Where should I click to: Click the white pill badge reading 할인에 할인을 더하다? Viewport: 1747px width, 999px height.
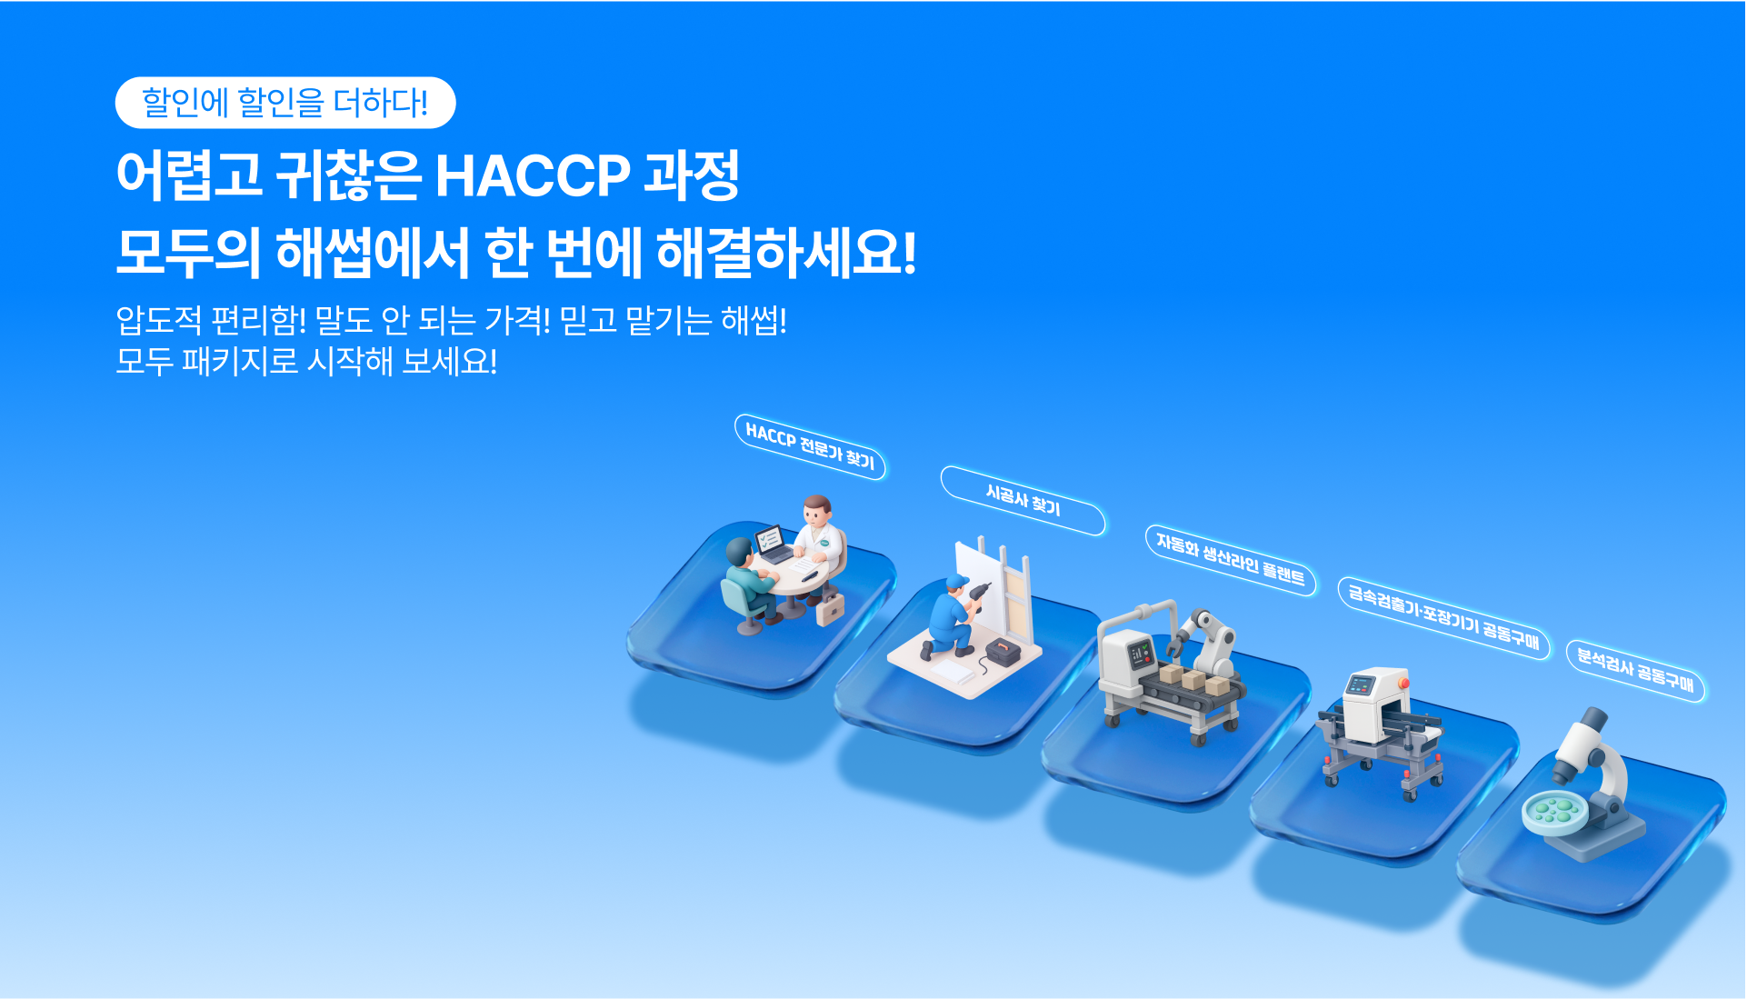coord(285,103)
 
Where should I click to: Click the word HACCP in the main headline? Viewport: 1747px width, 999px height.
coord(533,175)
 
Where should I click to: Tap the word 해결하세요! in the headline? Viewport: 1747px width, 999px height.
coord(786,252)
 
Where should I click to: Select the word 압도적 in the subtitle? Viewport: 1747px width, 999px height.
coord(159,320)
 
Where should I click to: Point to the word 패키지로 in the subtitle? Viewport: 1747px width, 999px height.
coord(241,362)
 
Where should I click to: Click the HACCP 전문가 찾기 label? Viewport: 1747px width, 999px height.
coord(810,446)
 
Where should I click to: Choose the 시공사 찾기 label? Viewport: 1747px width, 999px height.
coord(1023,500)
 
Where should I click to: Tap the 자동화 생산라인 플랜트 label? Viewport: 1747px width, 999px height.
coord(1231,559)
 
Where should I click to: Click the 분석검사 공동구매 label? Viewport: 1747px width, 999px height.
coord(1636,670)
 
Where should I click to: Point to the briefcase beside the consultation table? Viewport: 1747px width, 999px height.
coord(830,609)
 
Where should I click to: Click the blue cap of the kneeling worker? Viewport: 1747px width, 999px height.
coord(956,582)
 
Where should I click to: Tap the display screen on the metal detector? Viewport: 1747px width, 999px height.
coord(1359,684)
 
